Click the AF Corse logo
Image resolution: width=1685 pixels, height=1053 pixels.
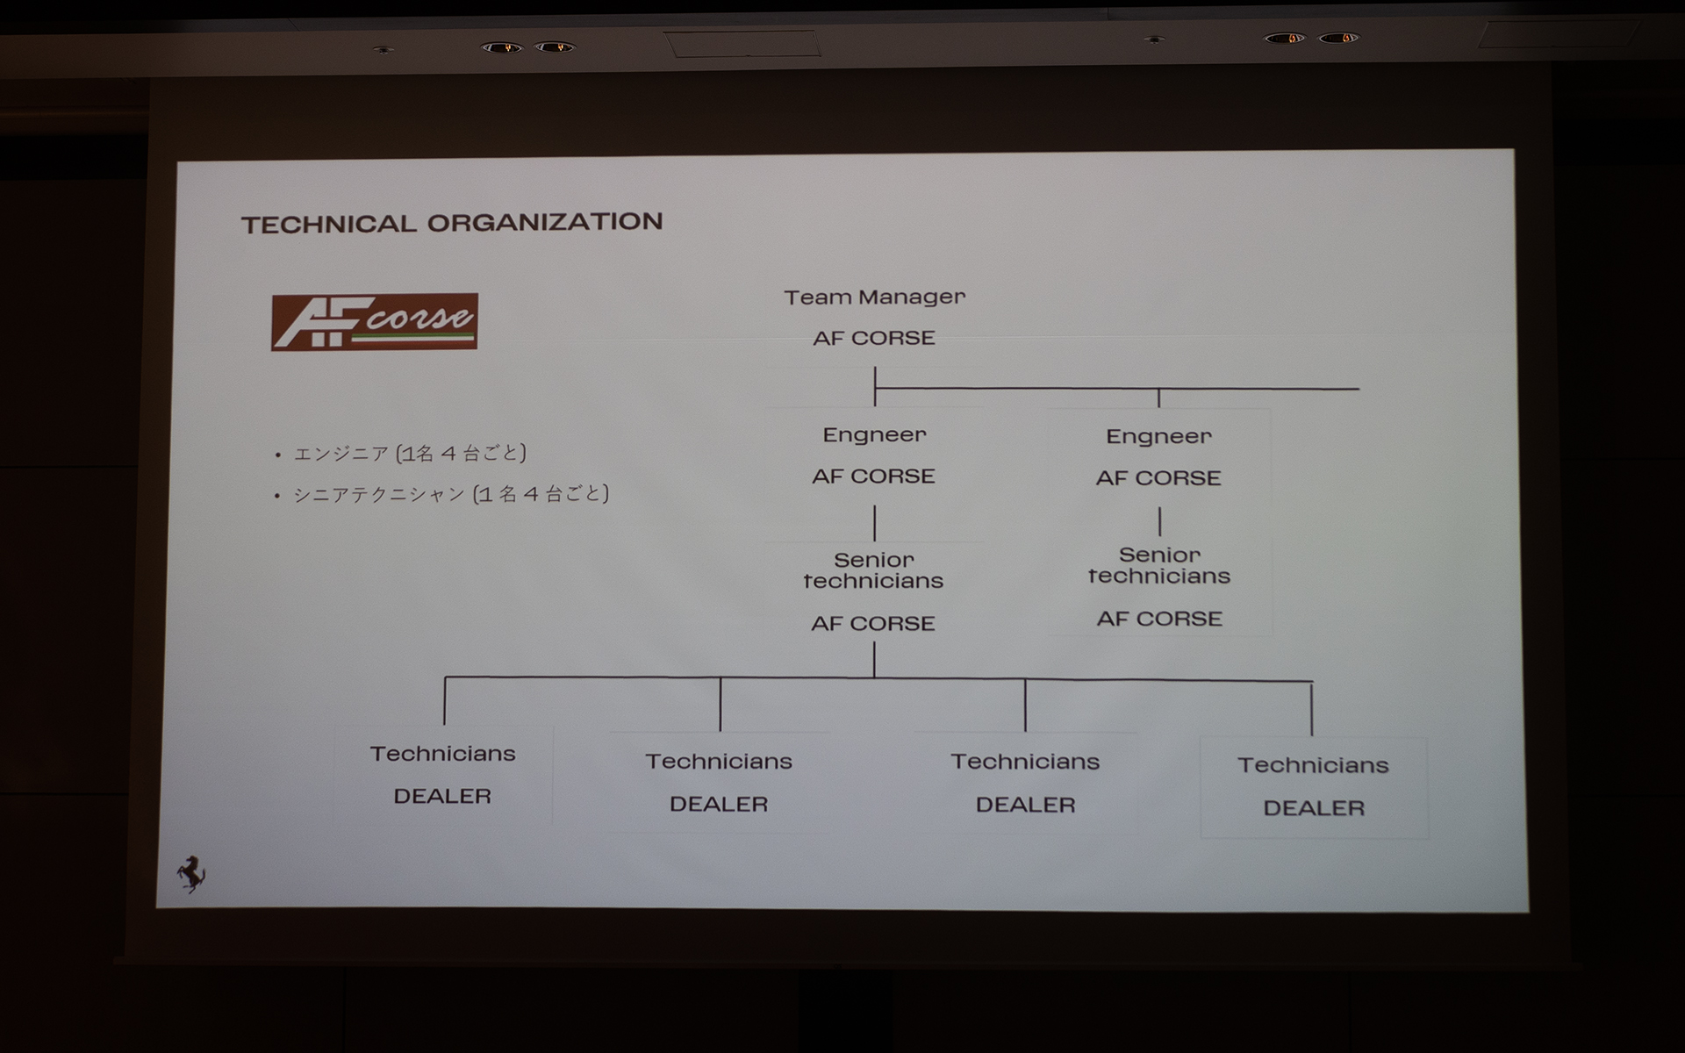(x=375, y=322)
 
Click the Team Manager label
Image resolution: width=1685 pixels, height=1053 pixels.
(x=874, y=297)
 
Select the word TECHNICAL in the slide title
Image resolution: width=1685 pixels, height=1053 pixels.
(x=329, y=224)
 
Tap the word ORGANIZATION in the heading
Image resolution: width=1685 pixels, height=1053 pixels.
(x=545, y=222)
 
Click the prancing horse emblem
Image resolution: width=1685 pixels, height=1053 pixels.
(x=191, y=872)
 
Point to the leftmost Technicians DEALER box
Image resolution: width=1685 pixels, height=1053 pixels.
(x=443, y=775)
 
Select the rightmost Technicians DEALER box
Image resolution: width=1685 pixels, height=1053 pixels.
(x=1314, y=786)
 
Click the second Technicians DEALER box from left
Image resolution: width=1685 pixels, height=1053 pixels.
(x=719, y=782)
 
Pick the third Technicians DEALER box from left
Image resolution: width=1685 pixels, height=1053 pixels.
(x=1025, y=783)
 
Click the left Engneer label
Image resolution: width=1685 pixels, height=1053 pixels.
(x=874, y=435)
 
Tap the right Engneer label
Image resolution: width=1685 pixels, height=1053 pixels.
(x=1158, y=437)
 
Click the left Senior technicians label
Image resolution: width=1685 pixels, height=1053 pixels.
(x=873, y=570)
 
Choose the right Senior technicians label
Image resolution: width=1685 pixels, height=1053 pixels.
(x=1159, y=566)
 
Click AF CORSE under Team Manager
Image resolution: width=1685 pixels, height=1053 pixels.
(x=874, y=338)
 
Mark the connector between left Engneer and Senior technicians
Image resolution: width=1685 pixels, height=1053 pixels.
(x=875, y=523)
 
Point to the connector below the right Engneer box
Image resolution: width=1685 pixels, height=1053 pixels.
(x=1160, y=521)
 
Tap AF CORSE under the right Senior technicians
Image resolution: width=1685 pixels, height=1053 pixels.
(x=1159, y=620)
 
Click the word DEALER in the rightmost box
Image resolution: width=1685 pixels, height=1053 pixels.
(x=1314, y=808)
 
